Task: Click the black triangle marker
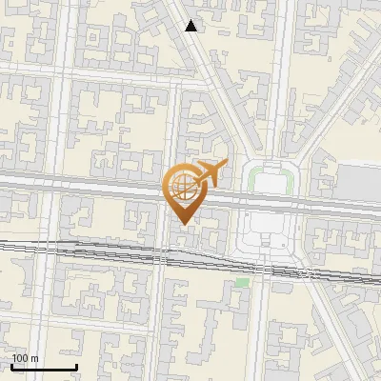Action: tap(191, 26)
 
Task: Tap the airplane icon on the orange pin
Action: tap(209, 174)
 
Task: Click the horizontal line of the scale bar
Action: tap(44, 367)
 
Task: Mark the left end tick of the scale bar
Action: tap(11, 365)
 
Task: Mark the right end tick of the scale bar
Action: tap(76, 365)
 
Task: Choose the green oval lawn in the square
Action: tap(270, 178)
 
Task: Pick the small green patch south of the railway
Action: tap(242, 282)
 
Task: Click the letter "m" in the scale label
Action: tap(34, 358)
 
